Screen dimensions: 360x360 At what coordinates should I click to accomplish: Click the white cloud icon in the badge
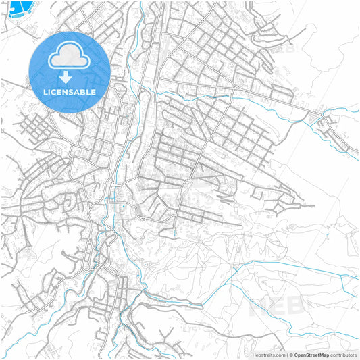(70, 55)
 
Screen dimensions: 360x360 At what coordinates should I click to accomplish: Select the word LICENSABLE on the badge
(70, 92)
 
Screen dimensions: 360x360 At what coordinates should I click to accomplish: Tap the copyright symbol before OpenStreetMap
(291, 354)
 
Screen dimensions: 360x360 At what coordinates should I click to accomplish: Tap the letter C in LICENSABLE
(53, 92)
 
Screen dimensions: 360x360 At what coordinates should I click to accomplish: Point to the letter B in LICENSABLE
(86, 92)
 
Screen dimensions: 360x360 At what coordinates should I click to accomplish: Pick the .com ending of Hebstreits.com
(280, 354)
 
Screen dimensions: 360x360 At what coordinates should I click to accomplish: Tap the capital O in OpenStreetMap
(297, 354)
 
